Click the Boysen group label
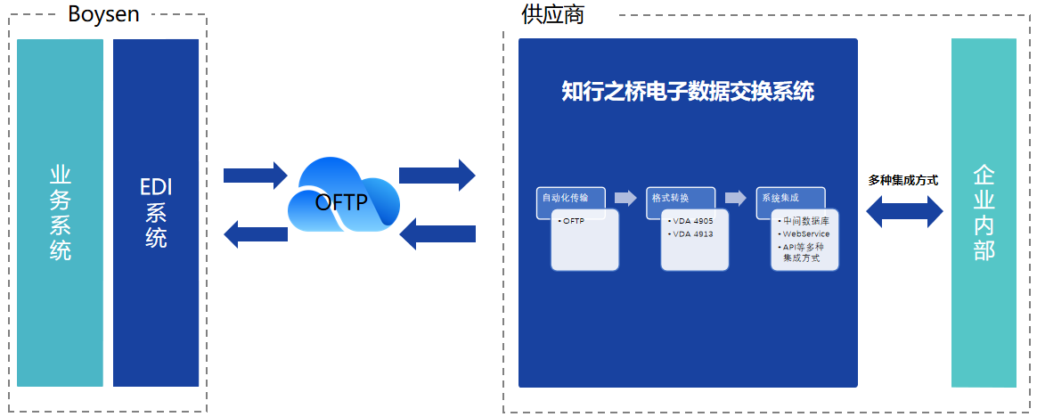103,14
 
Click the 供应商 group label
552,14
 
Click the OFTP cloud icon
340,201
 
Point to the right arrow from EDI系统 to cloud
255,175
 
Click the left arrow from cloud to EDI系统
255,234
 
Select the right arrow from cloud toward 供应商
437,175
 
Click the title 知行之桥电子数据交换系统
688,91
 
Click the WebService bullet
805,233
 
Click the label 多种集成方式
903,180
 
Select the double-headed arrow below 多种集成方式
903,211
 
